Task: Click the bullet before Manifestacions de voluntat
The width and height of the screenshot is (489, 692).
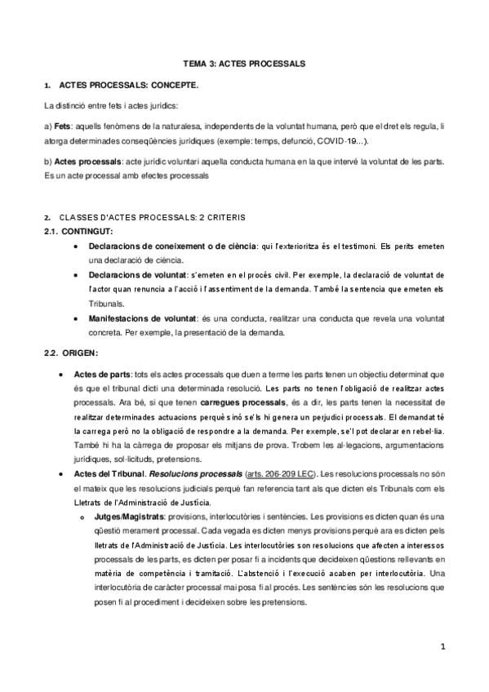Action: point(75,317)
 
